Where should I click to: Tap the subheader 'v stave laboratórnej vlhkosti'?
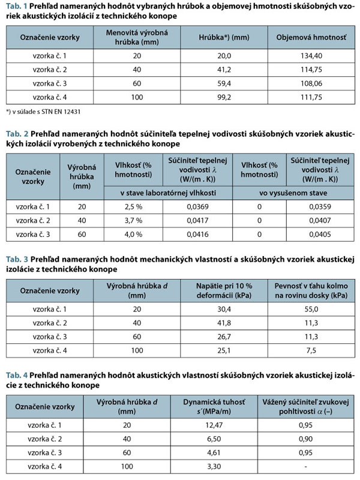click(x=168, y=193)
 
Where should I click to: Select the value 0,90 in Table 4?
click(x=307, y=439)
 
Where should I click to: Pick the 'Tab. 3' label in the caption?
click(x=16, y=259)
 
